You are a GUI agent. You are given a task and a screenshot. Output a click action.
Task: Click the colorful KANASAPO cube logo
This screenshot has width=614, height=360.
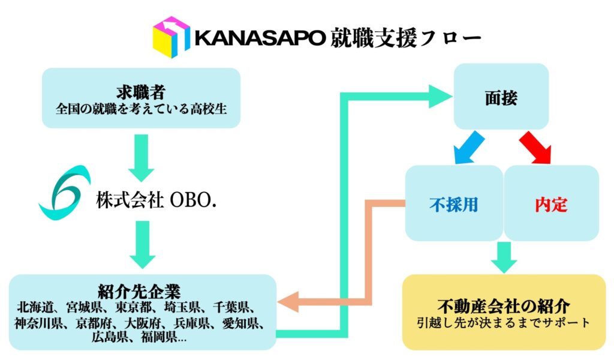tap(171, 37)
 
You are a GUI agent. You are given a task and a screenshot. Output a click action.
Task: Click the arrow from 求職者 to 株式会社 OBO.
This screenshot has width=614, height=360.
tap(142, 157)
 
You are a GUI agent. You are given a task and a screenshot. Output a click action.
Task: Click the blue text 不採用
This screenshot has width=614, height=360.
tap(454, 205)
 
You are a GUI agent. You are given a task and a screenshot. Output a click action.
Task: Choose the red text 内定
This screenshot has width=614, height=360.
tap(551, 205)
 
